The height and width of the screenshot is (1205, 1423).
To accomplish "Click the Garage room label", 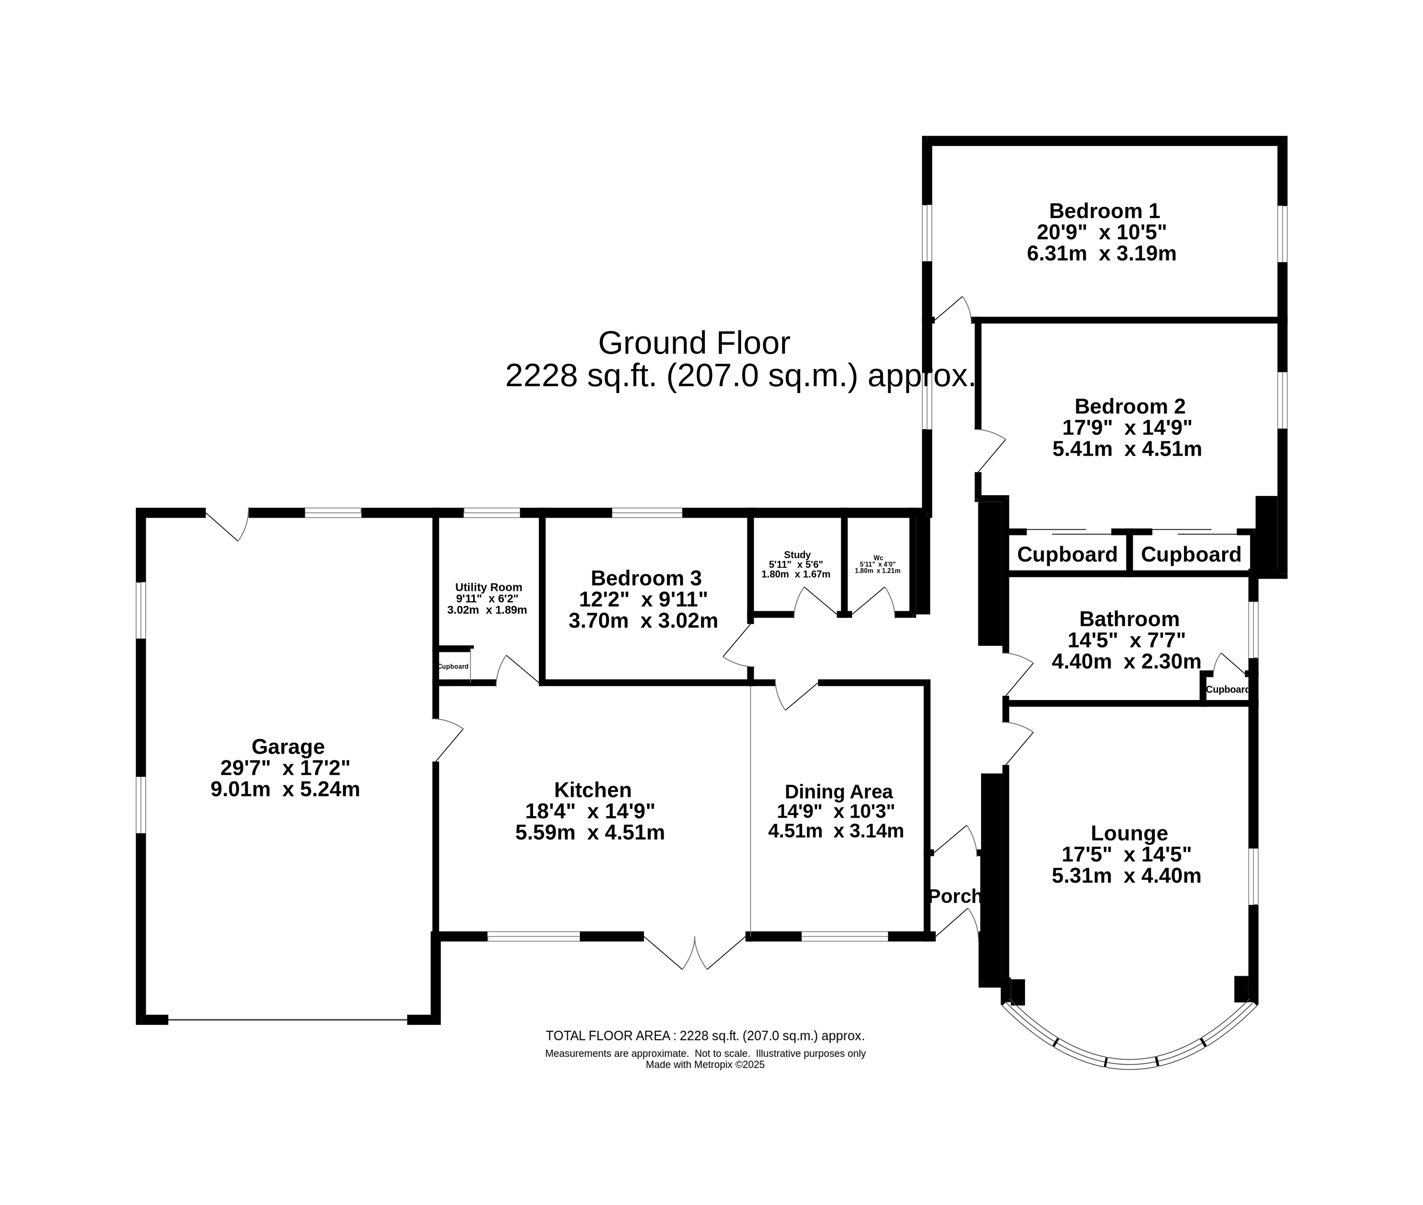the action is tap(287, 747).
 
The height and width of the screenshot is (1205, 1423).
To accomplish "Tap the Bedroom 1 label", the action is tap(1104, 210).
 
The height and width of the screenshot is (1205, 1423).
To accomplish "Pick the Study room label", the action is tap(797, 555).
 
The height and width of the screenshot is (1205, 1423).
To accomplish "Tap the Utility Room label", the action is tap(488, 587).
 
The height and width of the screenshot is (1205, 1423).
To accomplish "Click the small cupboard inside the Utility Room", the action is tap(453, 666).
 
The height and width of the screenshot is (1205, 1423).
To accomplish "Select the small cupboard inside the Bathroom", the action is tap(1227, 689).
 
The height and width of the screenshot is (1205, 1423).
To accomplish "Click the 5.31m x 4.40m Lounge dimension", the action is tap(1126, 876).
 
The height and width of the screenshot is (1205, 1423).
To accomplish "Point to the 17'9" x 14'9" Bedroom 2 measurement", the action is tap(1127, 428).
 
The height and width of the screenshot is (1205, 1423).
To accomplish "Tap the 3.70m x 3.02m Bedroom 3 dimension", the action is tap(643, 621).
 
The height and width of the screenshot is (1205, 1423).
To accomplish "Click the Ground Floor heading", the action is tap(694, 343).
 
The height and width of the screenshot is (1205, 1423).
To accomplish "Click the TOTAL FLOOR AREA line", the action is tap(705, 1036).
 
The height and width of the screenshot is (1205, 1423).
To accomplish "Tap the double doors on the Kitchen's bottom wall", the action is tap(694, 951).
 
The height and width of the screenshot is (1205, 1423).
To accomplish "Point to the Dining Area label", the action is tap(839, 792).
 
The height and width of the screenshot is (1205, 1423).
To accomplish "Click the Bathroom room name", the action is tap(1129, 619).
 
